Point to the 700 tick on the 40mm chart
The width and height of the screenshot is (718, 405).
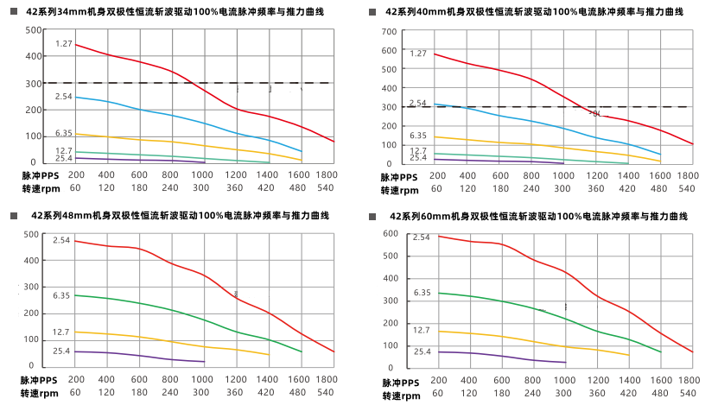click(389, 32)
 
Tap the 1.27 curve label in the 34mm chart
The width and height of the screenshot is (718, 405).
click(64, 43)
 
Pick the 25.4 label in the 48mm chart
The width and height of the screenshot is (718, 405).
click(61, 351)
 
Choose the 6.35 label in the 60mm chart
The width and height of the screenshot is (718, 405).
click(422, 293)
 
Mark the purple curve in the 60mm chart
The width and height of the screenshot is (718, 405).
click(501, 356)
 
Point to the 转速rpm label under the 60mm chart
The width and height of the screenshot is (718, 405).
click(400, 395)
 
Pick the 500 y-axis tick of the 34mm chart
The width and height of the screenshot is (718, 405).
click(33, 30)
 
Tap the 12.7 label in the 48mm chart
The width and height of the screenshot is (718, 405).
click(61, 332)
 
